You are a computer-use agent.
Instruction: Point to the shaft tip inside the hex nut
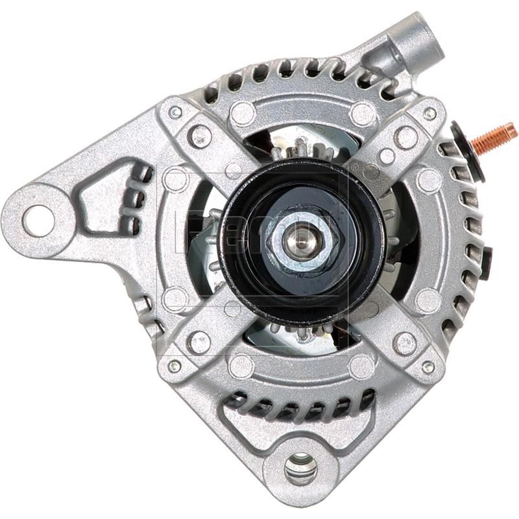coord(302,240)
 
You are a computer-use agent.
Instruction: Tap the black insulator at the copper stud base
coord(477,153)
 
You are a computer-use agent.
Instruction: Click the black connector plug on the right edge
coord(485,263)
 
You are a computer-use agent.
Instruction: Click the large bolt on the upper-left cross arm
coord(200,136)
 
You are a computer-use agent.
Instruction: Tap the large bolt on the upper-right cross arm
coord(405,137)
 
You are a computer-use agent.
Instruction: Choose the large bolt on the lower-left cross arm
coord(199,342)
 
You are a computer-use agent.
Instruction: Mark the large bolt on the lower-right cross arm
coord(405,343)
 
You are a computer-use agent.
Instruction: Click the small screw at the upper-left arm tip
coord(175,112)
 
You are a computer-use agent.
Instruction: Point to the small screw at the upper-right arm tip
coord(429,114)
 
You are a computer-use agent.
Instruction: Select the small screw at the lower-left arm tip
coord(174,366)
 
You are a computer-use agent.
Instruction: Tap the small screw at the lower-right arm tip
coord(428,367)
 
